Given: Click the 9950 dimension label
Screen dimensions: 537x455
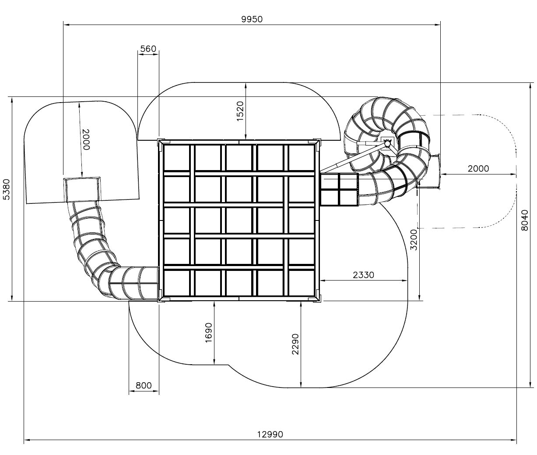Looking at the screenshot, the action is pyautogui.click(x=252, y=19).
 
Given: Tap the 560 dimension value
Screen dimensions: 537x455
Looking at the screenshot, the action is pyautogui.click(x=148, y=49).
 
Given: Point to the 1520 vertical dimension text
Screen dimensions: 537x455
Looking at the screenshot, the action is pyautogui.click(x=240, y=111).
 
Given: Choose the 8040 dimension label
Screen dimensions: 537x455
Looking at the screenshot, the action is pyautogui.click(x=525, y=220).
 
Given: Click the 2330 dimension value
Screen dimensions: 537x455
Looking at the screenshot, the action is pyautogui.click(x=363, y=275).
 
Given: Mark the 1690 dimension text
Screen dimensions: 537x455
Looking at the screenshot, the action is pyautogui.click(x=209, y=333).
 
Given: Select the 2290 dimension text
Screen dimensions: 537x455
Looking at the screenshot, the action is pyautogui.click(x=296, y=344).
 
